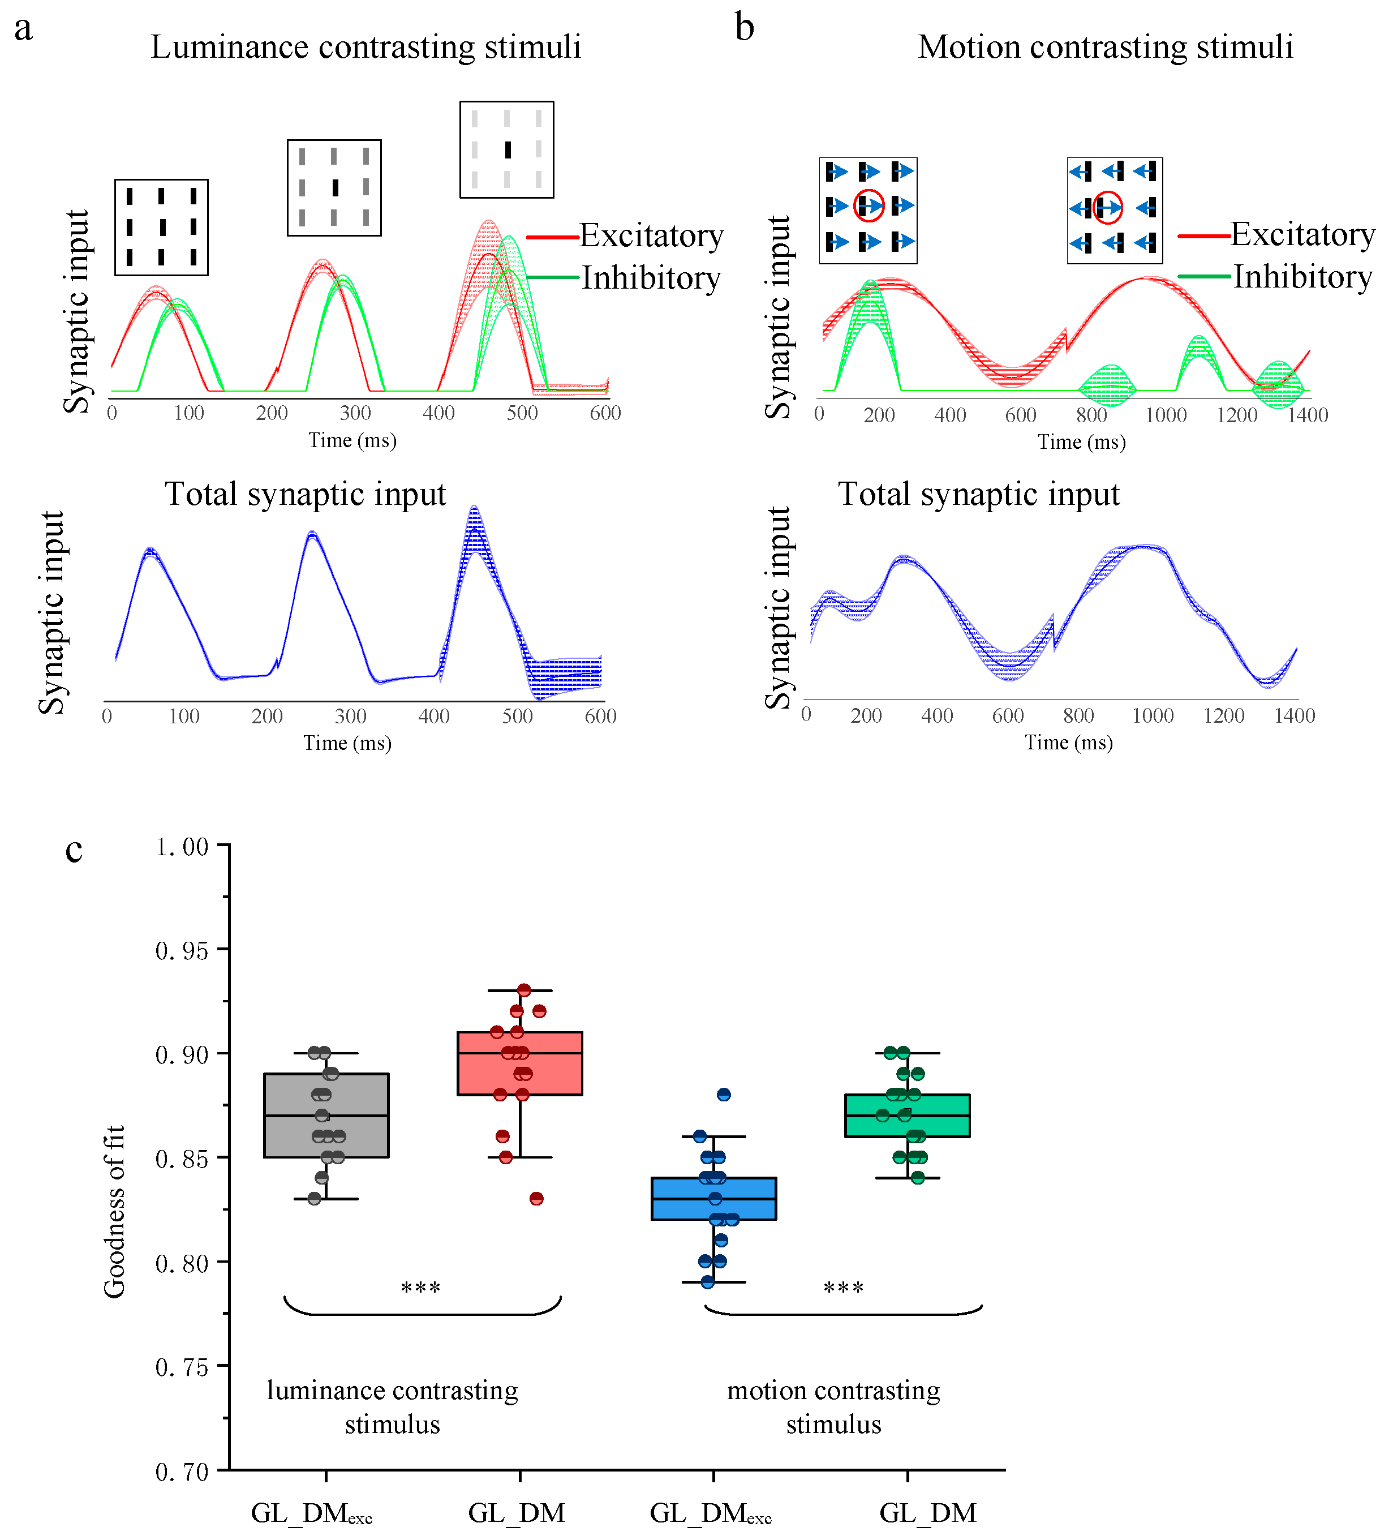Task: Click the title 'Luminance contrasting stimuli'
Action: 366,48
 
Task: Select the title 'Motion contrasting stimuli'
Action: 1105,48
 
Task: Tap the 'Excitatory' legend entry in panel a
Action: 651,236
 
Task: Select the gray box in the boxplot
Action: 326,1116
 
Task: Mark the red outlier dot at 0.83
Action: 537,1199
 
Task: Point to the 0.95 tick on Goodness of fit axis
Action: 182,950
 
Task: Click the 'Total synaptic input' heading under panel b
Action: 978,494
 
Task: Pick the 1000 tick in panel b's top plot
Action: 1166,415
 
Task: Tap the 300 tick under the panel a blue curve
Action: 351,717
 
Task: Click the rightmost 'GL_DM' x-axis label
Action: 928,1512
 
